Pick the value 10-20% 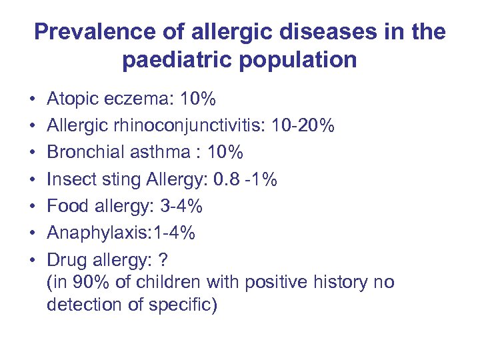point(308,126)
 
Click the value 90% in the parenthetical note point(82,283)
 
